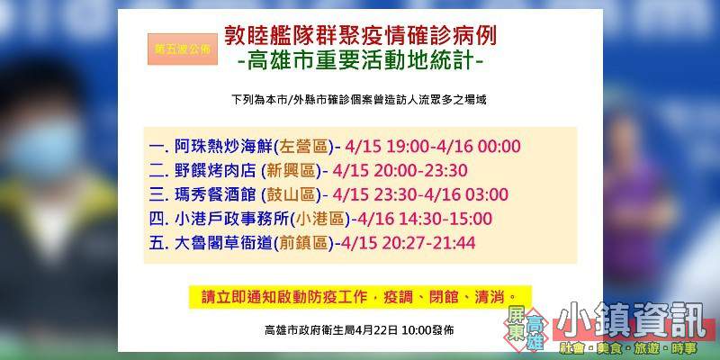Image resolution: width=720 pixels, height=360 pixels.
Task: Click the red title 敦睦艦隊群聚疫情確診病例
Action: (x=360, y=36)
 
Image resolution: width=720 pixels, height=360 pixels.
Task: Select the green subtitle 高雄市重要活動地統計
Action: (x=361, y=61)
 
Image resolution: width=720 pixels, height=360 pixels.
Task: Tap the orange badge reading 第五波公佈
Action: (x=183, y=49)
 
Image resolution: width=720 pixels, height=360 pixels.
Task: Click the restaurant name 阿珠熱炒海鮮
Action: (x=223, y=147)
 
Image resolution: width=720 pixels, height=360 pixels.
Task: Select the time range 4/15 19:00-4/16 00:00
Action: (x=434, y=147)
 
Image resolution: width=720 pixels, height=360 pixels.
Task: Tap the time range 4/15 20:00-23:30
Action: (x=400, y=170)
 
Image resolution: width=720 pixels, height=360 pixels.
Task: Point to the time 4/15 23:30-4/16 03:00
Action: (x=421, y=194)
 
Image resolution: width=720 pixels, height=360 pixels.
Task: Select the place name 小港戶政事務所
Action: (x=232, y=219)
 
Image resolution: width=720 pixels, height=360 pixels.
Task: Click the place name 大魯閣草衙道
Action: (x=223, y=242)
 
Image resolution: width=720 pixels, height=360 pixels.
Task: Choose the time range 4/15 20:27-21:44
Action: (x=409, y=242)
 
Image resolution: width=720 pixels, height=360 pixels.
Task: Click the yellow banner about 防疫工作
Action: (x=361, y=297)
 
